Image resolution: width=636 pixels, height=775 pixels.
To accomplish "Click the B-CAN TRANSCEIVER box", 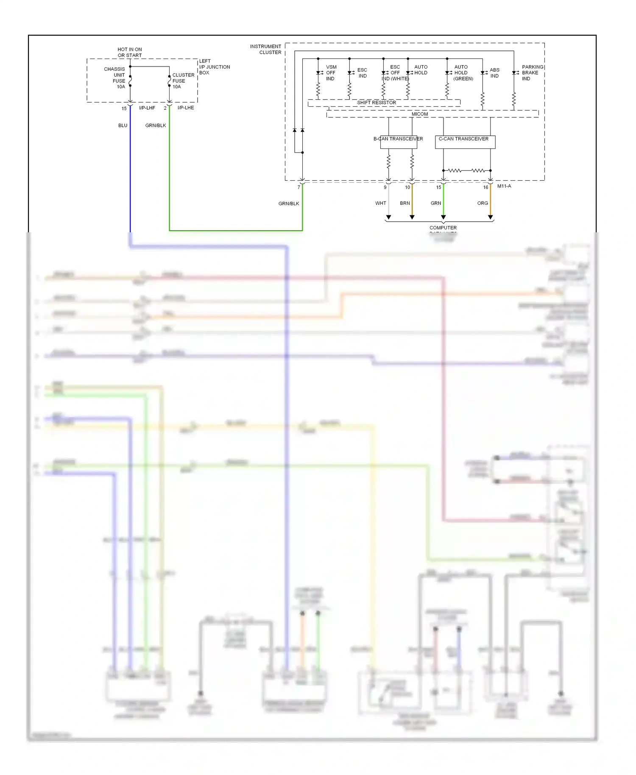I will point(398,142).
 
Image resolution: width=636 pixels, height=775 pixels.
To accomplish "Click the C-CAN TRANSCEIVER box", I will point(465,142).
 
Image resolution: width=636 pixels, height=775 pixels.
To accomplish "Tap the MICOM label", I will point(420,114).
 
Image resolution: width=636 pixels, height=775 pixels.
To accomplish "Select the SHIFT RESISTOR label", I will point(377,103).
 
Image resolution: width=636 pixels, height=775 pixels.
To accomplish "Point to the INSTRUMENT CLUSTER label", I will point(265,49).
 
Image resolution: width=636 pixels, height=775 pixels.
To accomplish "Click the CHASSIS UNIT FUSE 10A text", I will point(115,78).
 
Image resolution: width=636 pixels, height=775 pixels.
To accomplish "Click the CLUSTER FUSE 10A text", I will point(183,81).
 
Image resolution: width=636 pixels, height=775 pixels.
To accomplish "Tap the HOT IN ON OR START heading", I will point(130,52).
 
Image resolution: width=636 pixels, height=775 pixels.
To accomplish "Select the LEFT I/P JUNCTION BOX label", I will point(214,67).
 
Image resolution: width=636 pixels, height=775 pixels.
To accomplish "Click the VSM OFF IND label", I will point(331,72).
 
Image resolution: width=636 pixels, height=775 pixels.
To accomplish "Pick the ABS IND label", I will point(494,72).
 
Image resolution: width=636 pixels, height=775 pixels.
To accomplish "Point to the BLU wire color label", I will point(123,125).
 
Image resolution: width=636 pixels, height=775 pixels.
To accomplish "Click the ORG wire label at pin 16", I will point(483,203).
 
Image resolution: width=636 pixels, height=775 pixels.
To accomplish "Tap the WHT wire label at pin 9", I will point(380,203).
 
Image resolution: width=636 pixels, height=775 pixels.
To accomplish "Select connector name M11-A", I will point(504,186).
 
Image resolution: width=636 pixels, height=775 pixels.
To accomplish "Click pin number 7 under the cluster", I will point(298,187).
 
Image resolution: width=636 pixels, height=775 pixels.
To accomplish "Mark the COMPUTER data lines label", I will point(443,228).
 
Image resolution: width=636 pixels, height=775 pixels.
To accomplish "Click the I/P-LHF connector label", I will point(147,108).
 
